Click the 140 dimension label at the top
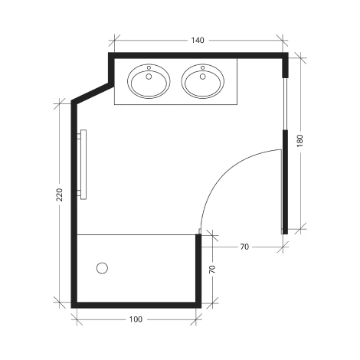click(x=198, y=39)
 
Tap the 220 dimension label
click(x=60, y=197)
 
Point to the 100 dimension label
click(x=136, y=317)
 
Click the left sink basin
click(x=149, y=82)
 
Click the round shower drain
click(x=103, y=268)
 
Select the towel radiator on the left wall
click(x=83, y=165)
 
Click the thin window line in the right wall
click(x=285, y=103)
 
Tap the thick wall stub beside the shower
click(x=198, y=268)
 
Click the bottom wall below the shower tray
click(x=136, y=304)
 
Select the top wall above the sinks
click(x=198, y=55)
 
